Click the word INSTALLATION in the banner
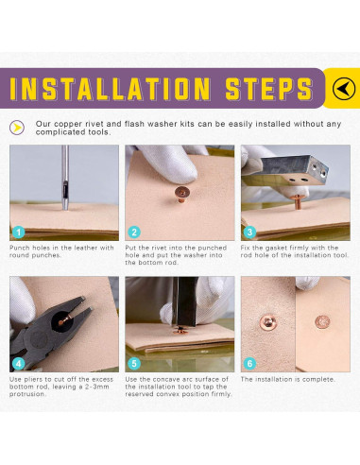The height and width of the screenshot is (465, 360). pyautogui.click(x=111, y=89)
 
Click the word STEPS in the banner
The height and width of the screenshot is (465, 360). pyautogui.click(x=269, y=89)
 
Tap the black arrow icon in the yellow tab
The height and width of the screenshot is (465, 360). pyautogui.click(x=344, y=89)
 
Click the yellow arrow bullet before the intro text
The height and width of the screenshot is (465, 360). pyautogui.click(x=17, y=128)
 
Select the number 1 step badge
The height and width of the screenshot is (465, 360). pyautogui.click(x=19, y=232)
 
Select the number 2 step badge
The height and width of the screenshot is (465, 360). pyautogui.click(x=134, y=232)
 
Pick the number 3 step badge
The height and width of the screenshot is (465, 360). pyautogui.click(x=249, y=232)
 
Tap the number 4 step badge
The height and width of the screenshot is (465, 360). pyautogui.click(x=19, y=364)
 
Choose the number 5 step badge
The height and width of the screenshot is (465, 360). pyautogui.click(x=134, y=364)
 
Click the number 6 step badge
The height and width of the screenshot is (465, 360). pyautogui.click(x=249, y=364)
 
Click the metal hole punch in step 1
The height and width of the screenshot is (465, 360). pyautogui.click(x=65, y=178)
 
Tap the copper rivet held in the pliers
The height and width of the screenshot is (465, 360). pyautogui.click(x=64, y=318)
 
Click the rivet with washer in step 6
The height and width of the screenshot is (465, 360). pyautogui.click(x=268, y=322)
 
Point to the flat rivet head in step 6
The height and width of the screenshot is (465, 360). pyautogui.click(x=322, y=322)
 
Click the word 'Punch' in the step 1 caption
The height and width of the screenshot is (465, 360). pyautogui.click(x=20, y=248)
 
